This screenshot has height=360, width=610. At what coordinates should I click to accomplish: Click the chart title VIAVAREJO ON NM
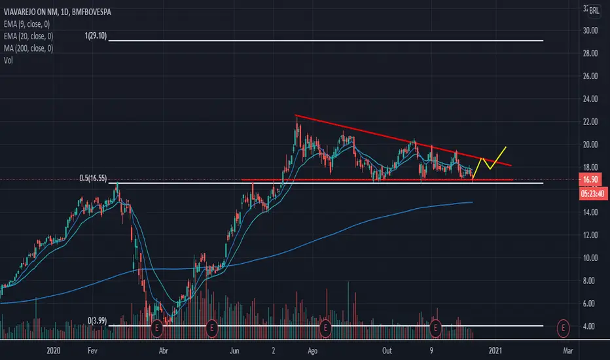click(31, 12)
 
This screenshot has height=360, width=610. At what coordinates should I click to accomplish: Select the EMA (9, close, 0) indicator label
click(27, 24)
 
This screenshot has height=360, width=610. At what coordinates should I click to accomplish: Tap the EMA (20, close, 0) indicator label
click(28, 36)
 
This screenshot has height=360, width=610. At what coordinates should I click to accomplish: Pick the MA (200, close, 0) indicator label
click(28, 48)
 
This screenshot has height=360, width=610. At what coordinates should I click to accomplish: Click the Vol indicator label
click(8, 60)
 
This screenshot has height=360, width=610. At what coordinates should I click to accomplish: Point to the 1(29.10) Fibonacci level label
click(96, 36)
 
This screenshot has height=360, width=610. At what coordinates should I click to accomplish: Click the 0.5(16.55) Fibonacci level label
click(93, 178)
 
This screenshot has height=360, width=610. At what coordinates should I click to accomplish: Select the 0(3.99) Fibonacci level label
click(98, 321)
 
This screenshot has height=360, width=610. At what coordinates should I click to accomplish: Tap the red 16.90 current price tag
click(590, 179)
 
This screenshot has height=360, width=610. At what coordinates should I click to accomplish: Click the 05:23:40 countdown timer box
click(593, 194)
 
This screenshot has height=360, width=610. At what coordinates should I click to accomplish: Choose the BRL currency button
click(594, 10)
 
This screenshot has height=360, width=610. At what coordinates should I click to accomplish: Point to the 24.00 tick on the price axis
click(590, 99)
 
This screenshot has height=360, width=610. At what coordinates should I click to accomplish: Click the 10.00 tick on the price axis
click(590, 258)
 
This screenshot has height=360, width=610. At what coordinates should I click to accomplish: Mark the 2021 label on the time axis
click(495, 351)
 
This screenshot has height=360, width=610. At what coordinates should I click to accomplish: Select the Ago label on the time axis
click(312, 351)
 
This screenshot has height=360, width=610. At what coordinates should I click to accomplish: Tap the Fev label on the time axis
click(92, 351)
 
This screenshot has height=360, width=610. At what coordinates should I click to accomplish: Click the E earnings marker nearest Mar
click(563, 328)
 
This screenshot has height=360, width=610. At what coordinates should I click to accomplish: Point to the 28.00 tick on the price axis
click(590, 53)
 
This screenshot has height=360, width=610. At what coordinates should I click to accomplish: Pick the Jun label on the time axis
click(234, 351)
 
